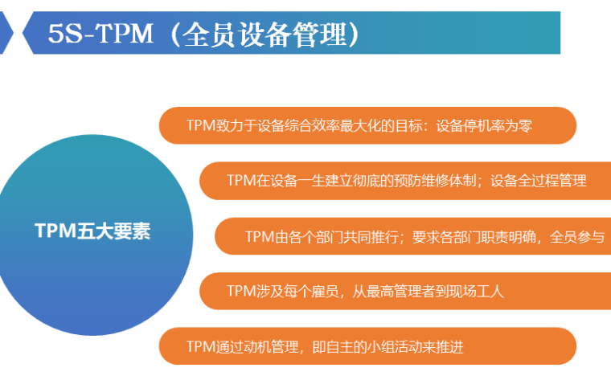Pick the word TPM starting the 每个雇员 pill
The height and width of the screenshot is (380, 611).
[x=240, y=292]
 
